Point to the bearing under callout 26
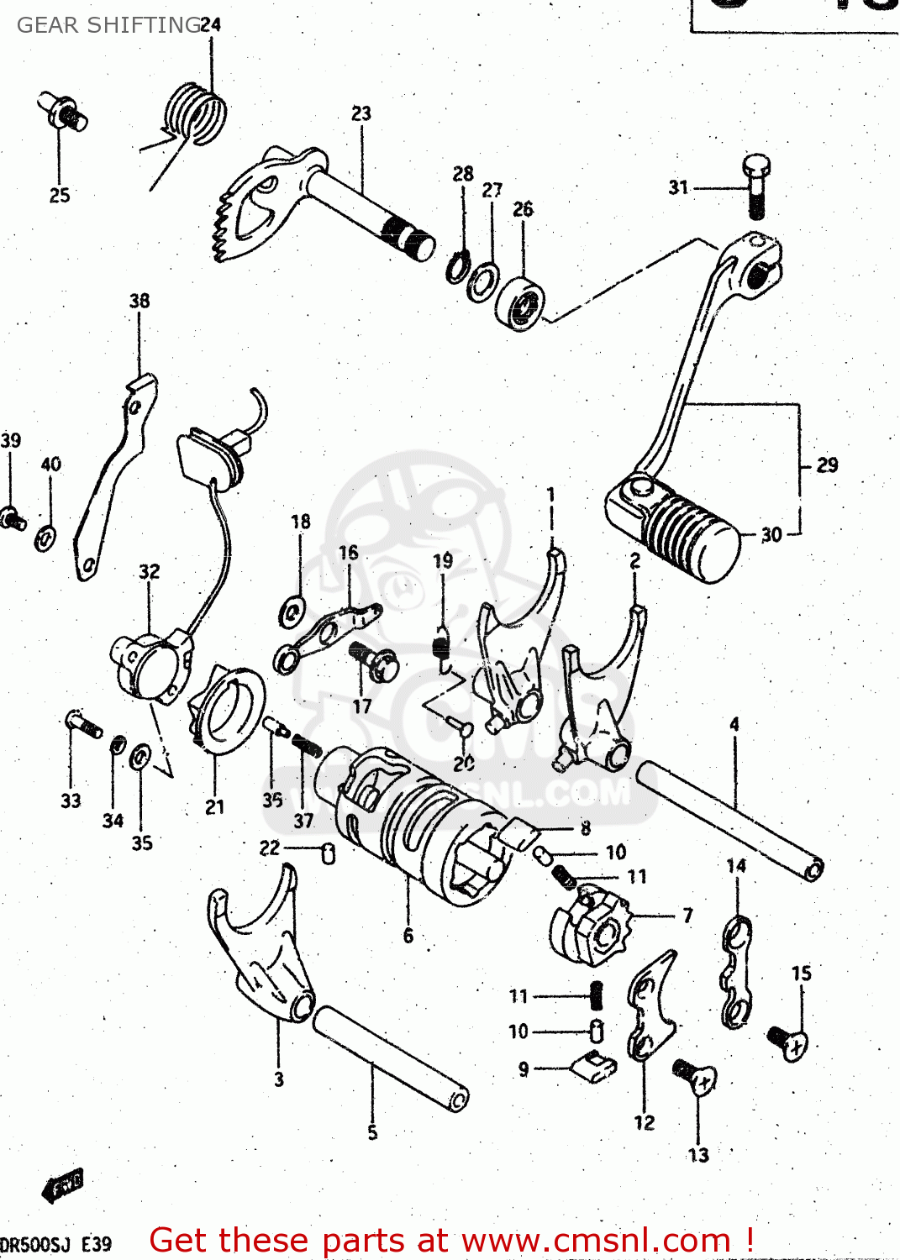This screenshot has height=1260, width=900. (x=521, y=304)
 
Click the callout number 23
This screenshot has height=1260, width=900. (x=361, y=113)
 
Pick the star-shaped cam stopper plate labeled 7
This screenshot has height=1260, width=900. (x=592, y=928)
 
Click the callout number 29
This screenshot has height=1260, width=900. (x=827, y=465)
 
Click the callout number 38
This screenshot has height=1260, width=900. (x=139, y=301)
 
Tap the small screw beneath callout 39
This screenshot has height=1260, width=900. (x=13, y=518)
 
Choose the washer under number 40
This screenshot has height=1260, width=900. (x=46, y=537)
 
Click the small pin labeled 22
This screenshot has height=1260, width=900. (x=329, y=853)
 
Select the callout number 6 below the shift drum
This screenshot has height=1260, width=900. (x=408, y=935)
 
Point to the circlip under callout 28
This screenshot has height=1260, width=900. (x=458, y=267)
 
